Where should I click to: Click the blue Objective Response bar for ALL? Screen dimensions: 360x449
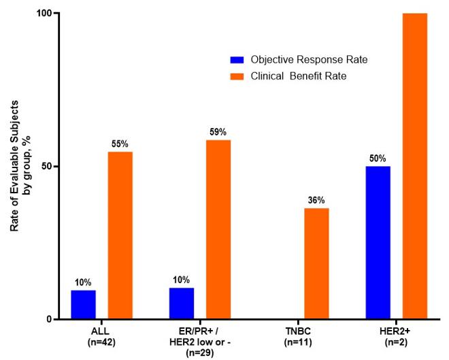click(x=83, y=305)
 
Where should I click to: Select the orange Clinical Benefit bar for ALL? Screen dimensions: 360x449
click(x=120, y=235)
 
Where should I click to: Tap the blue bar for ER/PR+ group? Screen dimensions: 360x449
click(x=181, y=304)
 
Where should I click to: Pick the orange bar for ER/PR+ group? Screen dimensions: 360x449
click(x=218, y=229)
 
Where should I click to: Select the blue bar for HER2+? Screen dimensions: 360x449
click(x=378, y=242)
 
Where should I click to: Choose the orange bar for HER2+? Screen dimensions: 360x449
click(x=415, y=166)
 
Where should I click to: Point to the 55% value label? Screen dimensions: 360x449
click(x=120, y=144)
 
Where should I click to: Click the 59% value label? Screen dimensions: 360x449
click(x=218, y=133)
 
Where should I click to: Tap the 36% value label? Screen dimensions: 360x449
click(x=316, y=201)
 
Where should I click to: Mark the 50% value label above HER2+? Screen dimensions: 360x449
click(x=378, y=159)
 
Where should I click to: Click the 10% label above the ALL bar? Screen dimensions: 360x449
click(x=83, y=283)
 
